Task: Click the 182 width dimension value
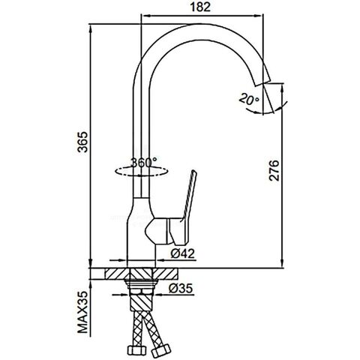[x=200, y=7]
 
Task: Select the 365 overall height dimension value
[x=82, y=142]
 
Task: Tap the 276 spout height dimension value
[x=274, y=170]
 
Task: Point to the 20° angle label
[x=249, y=99]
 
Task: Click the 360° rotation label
[x=144, y=163]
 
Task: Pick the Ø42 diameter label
[x=182, y=253]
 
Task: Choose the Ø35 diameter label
[x=181, y=288]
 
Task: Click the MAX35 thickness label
[x=82, y=312]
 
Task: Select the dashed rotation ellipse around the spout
[x=141, y=172]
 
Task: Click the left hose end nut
[x=136, y=349]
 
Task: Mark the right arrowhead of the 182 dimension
[x=258, y=16]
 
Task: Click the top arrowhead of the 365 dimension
[x=91, y=28]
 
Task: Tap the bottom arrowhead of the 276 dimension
[x=282, y=263]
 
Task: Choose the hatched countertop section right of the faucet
[x=166, y=274]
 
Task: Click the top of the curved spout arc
[x=200, y=24]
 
